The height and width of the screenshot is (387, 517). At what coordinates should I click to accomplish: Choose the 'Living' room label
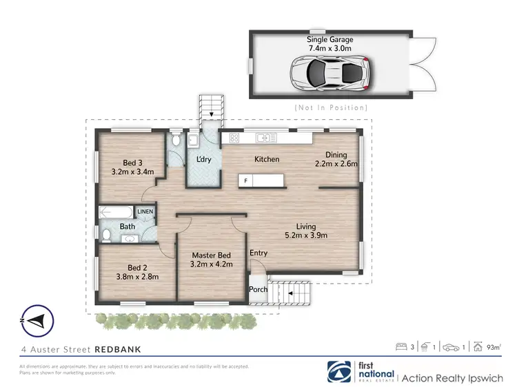(306, 226)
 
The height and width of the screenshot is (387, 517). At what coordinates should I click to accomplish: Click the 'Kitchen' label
(267, 159)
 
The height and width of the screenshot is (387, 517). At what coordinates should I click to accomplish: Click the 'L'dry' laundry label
(203, 160)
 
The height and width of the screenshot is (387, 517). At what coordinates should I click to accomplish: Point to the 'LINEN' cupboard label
(145, 212)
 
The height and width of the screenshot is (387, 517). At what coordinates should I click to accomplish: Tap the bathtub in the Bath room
(117, 212)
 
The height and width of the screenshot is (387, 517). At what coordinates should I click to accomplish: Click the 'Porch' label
(258, 289)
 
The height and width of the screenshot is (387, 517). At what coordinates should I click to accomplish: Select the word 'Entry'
(258, 253)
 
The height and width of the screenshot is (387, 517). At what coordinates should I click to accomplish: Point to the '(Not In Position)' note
(330, 107)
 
